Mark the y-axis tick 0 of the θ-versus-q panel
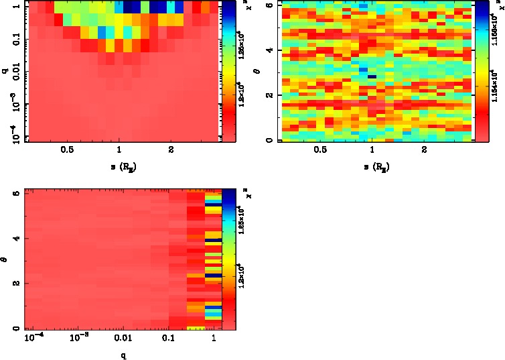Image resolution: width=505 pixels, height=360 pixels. click(17, 328)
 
